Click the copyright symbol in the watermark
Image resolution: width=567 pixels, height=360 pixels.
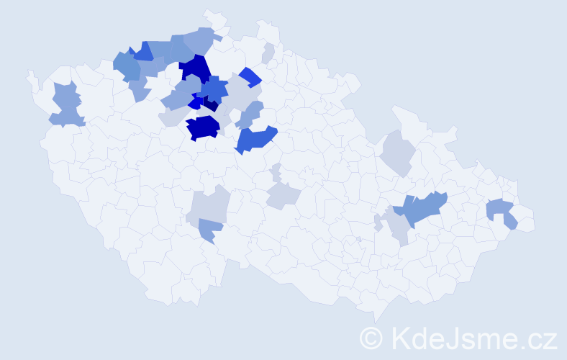click(372, 338)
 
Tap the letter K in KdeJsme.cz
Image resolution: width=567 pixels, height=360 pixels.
click(401, 337)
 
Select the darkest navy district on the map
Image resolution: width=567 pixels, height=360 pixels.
click(209, 105)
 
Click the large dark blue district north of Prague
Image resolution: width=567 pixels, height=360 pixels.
click(194, 69)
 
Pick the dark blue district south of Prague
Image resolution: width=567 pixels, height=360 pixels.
click(203, 127)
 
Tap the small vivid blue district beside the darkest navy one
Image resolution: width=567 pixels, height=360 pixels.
click(195, 103)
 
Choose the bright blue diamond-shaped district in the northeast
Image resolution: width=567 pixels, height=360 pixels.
click(250, 76)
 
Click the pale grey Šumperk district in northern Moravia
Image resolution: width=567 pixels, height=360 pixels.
click(396, 152)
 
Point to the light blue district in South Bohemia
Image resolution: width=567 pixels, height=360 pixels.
click(210, 230)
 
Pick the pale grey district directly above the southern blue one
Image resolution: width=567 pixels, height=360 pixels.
click(208, 205)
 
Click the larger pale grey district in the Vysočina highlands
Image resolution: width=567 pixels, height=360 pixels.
click(282, 195)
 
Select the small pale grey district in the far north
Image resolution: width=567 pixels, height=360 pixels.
click(268, 53)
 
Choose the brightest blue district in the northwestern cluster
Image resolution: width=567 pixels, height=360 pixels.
click(142, 51)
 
